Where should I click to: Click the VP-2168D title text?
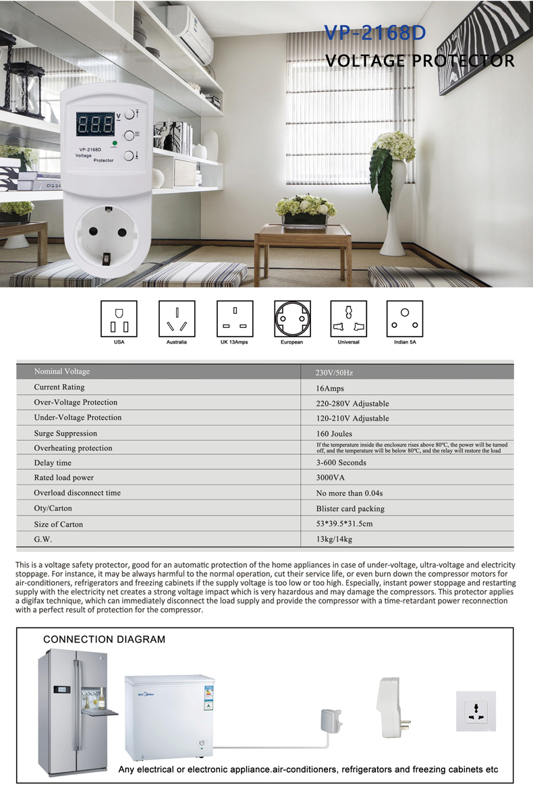click(375, 34)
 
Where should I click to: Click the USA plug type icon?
click(119, 319)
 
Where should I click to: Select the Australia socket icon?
click(177, 319)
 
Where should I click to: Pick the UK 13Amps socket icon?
click(235, 319)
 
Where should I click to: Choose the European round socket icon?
click(292, 319)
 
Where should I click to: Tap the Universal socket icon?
click(348, 319)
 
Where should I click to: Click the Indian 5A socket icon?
click(405, 319)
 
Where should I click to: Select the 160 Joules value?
click(334, 433)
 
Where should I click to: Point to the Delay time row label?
click(53, 463)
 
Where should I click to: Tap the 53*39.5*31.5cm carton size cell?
click(344, 524)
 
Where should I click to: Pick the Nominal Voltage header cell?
click(62, 371)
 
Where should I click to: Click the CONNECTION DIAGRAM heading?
click(104, 639)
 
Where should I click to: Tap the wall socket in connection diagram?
click(476, 711)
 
